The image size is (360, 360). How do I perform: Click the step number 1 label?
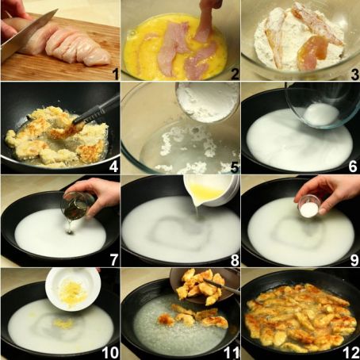(x=114, y=75)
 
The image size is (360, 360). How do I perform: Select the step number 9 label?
(x=350, y=258)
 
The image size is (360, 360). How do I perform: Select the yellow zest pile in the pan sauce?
(x=63, y=323)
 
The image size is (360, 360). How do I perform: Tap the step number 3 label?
(x=350, y=74)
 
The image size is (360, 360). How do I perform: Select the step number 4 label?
(x=114, y=167)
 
